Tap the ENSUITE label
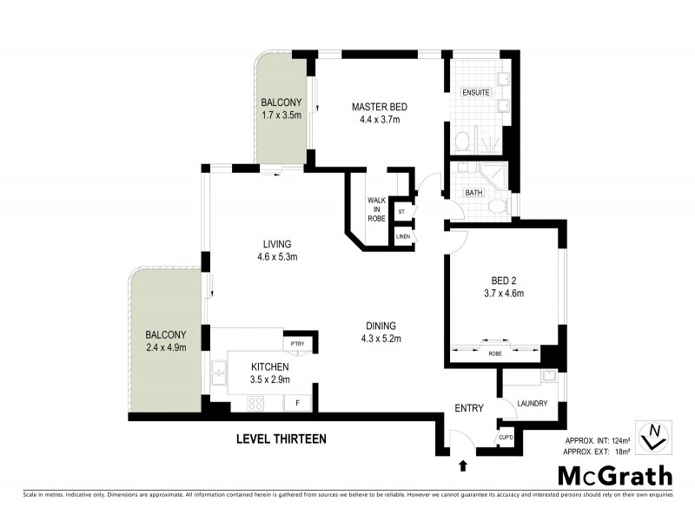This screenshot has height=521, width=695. point(476,92)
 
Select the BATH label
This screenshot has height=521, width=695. point(473,192)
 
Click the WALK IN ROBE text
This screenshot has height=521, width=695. point(376,209)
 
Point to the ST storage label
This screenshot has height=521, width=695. point(401,211)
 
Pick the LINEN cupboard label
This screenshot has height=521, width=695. point(401,236)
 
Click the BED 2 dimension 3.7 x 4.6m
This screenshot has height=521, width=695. point(504,293)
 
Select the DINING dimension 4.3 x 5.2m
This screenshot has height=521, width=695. point(381,339)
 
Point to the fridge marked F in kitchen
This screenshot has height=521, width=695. point(298,403)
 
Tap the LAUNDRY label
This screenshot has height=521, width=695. point(531,403)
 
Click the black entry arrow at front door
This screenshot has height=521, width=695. point(461,466)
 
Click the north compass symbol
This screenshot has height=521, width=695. point(654,436)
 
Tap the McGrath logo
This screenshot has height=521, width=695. point(614,475)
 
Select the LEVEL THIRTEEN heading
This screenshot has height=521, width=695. point(281,439)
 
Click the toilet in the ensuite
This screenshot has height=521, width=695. point(464,142)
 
